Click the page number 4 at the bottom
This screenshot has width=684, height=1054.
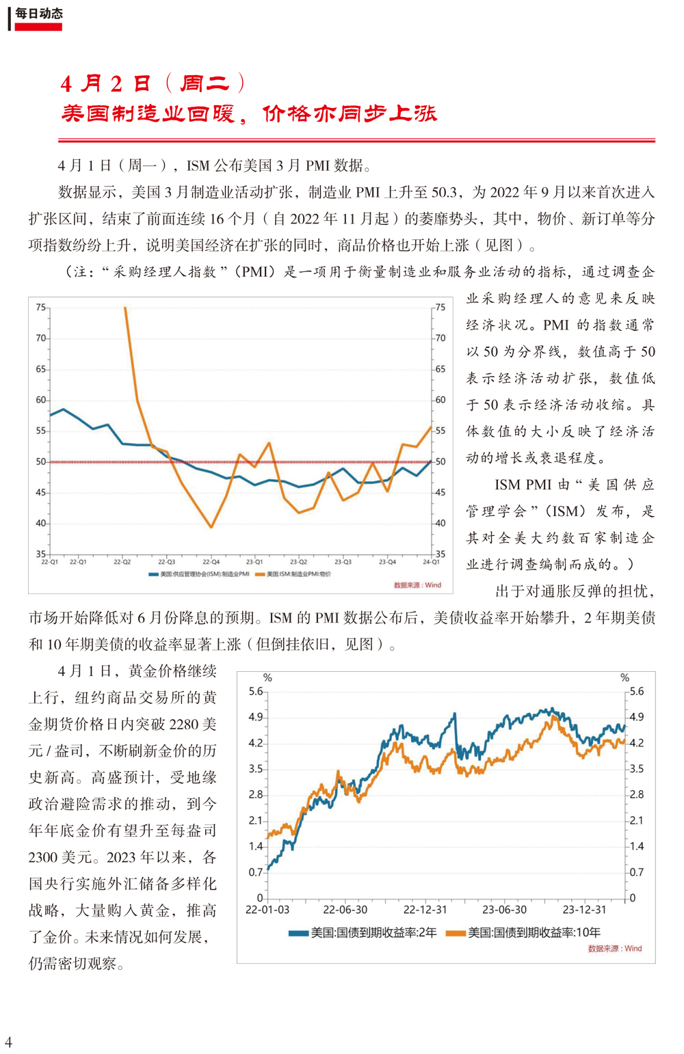[8, 1041]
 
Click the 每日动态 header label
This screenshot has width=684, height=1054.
[38, 14]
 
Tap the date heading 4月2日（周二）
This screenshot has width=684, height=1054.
[153, 84]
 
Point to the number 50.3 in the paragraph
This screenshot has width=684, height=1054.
[444, 192]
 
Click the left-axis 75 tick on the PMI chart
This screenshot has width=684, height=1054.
[41, 308]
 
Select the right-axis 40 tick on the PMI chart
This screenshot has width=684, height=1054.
[440, 523]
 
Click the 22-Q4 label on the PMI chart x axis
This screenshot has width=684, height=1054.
[211, 562]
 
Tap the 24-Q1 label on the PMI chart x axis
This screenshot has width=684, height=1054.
[431, 562]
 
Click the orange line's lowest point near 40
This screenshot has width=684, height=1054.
[211, 527]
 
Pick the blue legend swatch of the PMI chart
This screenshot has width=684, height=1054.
[153, 574]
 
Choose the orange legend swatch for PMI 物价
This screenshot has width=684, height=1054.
[260, 574]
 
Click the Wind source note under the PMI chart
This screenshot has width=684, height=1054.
[417, 585]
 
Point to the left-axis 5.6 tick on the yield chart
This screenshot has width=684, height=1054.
[256, 691]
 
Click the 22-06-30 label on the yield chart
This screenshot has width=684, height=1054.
[345, 910]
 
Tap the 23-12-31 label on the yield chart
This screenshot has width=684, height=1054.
[584, 910]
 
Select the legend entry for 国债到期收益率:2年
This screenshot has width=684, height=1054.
[363, 932]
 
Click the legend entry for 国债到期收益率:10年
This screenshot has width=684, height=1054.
[523, 932]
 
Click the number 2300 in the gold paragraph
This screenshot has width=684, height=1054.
[43, 857]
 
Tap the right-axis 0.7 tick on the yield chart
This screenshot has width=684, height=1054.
[637, 872]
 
